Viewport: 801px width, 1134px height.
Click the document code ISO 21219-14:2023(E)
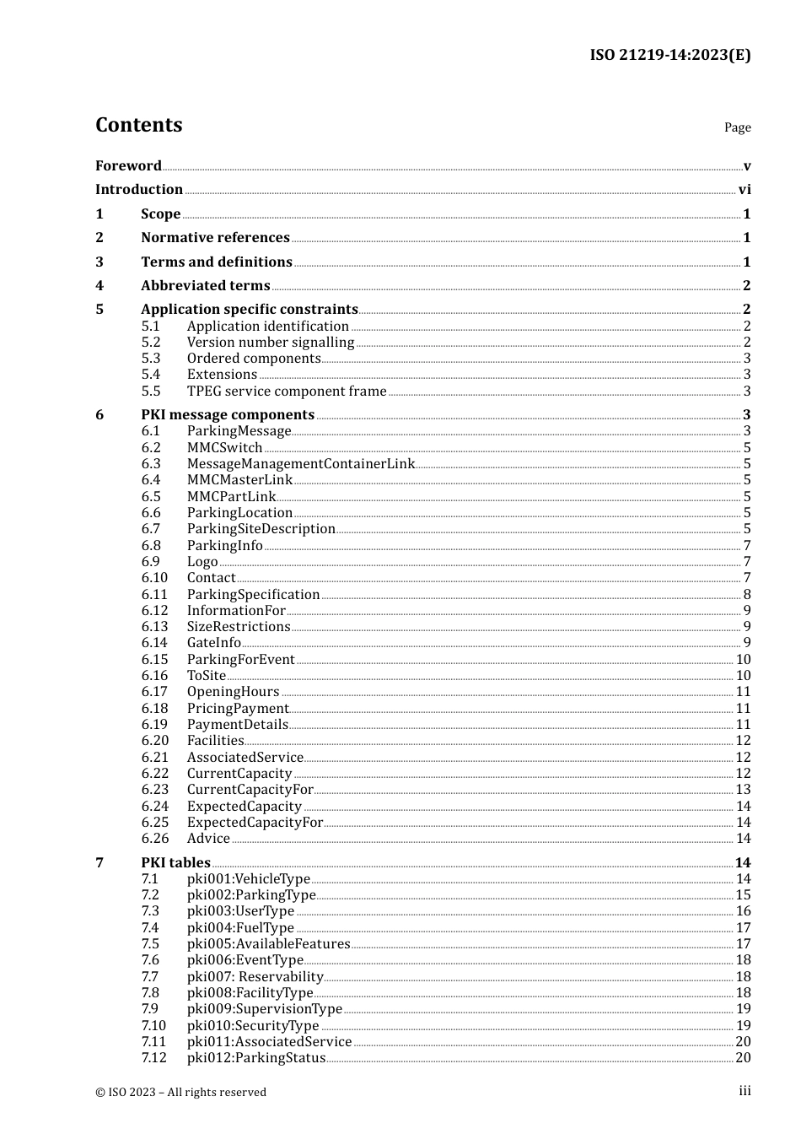[x=669, y=55]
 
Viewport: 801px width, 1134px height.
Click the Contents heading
[x=139, y=125]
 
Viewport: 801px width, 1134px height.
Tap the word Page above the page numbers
[x=737, y=127]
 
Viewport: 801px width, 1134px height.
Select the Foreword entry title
[x=128, y=165]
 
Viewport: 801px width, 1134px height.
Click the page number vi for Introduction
[x=745, y=190]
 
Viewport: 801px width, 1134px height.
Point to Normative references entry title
[x=215, y=238]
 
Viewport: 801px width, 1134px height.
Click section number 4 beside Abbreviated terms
[x=99, y=286]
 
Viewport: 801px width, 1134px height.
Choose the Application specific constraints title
[x=249, y=310]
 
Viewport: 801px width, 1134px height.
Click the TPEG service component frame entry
[x=286, y=391]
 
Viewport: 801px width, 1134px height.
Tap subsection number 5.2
[x=151, y=343]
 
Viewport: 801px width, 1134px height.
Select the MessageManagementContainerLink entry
[x=300, y=464]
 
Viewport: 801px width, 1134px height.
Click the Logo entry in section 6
[x=202, y=562]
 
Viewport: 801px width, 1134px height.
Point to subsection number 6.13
[x=154, y=627]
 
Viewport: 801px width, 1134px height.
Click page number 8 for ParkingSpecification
[x=747, y=595]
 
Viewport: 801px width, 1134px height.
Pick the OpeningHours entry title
[x=233, y=692]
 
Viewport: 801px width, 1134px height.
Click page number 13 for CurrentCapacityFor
[x=743, y=790]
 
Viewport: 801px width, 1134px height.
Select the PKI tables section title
[x=175, y=862]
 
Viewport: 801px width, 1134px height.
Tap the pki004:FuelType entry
[x=240, y=928]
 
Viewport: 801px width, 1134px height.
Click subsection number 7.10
[x=153, y=1026]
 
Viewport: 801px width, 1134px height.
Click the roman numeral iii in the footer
[x=745, y=1091]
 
